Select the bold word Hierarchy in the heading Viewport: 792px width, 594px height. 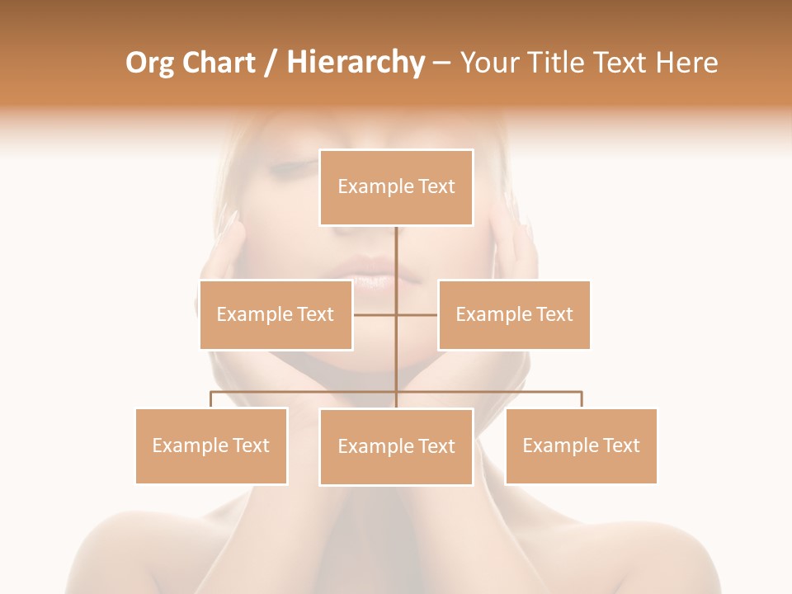pyautogui.click(x=355, y=63)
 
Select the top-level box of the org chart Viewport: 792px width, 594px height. pyautogui.click(x=396, y=187)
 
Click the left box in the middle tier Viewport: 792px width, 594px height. pyautogui.click(x=276, y=314)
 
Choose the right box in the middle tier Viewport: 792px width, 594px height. pyautogui.click(x=514, y=314)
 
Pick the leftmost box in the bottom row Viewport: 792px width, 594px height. pyautogui.click(x=211, y=445)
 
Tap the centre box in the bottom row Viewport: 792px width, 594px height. pyautogui.click(x=396, y=446)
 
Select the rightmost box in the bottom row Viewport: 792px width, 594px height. pyautogui.click(x=581, y=445)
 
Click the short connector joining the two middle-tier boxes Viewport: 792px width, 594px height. pyautogui.click(x=375, y=314)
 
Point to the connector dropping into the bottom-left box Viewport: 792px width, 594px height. pyautogui.click(x=211, y=399)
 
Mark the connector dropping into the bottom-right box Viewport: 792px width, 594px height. pyautogui.click(x=581, y=399)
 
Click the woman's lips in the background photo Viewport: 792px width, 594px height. pyautogui.click(x=371, y=272)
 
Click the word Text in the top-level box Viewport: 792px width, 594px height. pyautogui.click(x=436, y=186)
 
